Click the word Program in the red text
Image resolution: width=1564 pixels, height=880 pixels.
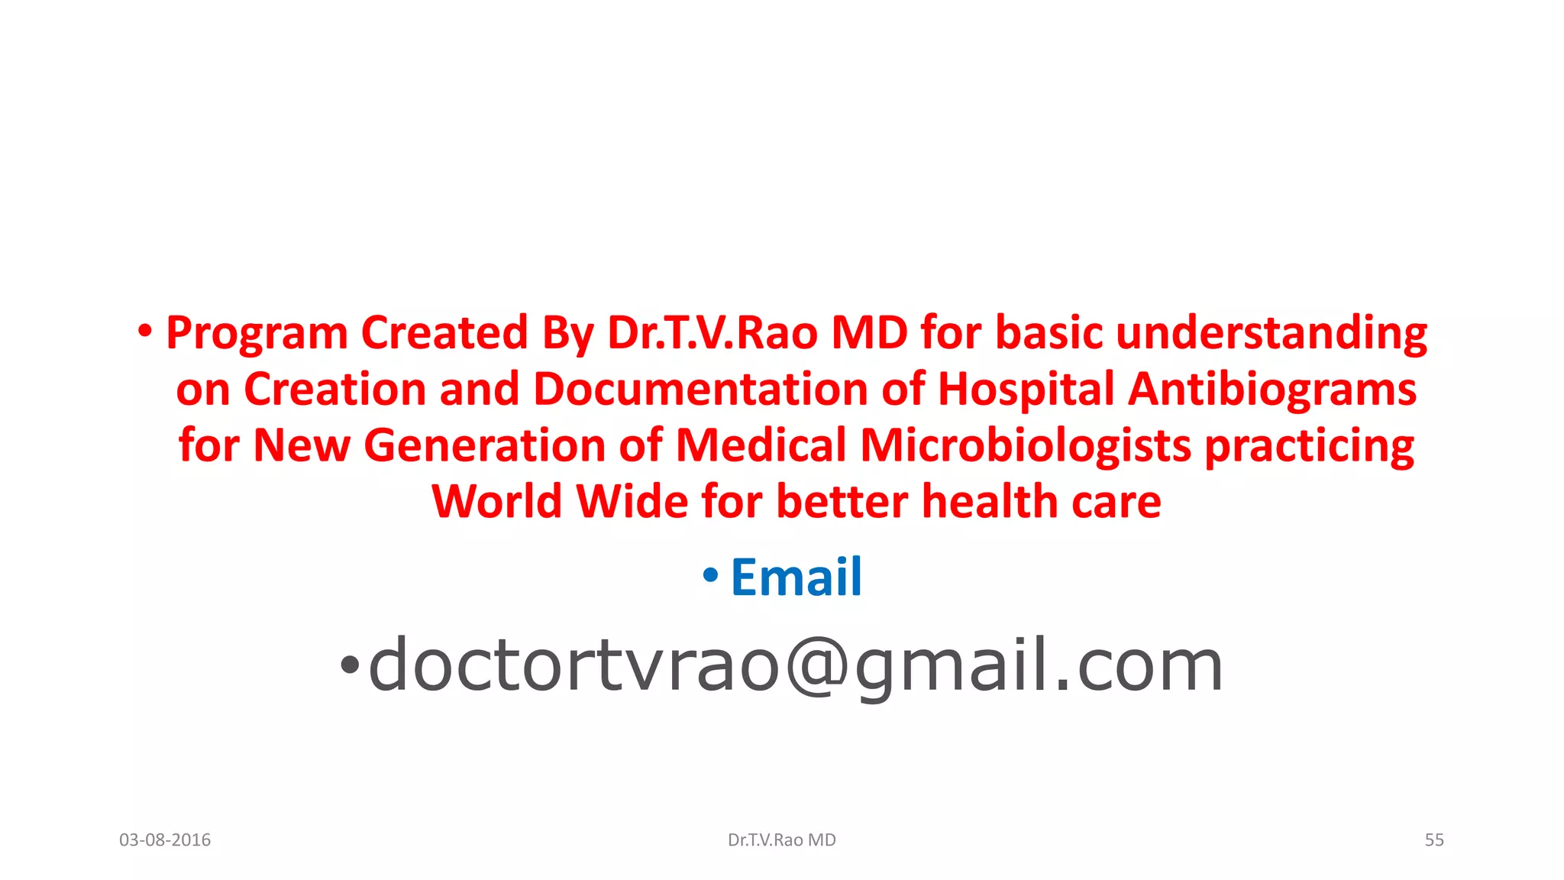click(257, 334)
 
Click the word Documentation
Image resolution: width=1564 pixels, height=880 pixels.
click(700, 389)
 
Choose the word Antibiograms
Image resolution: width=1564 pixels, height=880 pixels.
click(1272, 390)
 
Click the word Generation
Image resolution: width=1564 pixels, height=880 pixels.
click(484, 445)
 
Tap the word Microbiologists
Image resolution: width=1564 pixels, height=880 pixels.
click(1026, 445)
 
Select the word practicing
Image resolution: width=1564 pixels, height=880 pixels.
click(1309, 445)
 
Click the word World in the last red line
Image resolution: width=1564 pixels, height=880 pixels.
click(497, 502)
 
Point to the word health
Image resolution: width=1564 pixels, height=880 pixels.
click(990, 502)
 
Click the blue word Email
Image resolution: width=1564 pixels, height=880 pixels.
click(797, 577)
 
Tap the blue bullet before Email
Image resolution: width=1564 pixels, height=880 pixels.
click(710, 575)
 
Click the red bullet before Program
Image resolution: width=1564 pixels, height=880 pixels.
click(145, 332)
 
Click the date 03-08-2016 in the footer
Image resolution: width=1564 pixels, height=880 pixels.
click(165, 840)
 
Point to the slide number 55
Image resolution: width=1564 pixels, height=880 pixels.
click(1434, 840)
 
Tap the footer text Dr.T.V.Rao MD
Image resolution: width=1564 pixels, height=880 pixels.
click(782, 840)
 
